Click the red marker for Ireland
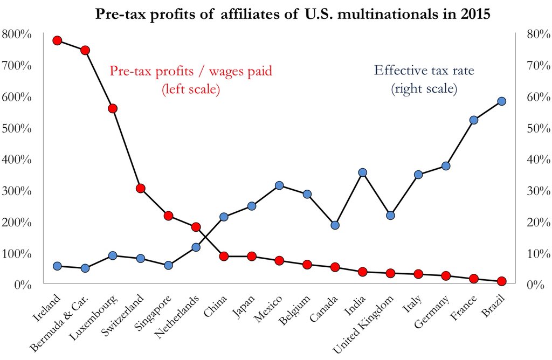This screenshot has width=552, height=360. [x=57, y=40]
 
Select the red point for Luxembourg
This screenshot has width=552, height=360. [x=113, y=108]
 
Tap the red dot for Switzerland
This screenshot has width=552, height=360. [x=140, y=188]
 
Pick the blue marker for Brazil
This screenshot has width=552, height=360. [x=501, y=101]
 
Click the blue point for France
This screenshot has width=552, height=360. [x=473, y=120]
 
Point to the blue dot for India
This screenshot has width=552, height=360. [x=362, y=172]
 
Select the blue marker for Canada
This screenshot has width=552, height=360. [x=335, y=225]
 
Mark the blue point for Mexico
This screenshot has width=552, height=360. [x=279, y=185]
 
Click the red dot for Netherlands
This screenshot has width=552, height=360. [x=196, y=227]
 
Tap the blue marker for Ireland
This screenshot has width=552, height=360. [x=57, y=266]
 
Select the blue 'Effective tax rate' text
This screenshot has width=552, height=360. [x=424, y=70]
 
